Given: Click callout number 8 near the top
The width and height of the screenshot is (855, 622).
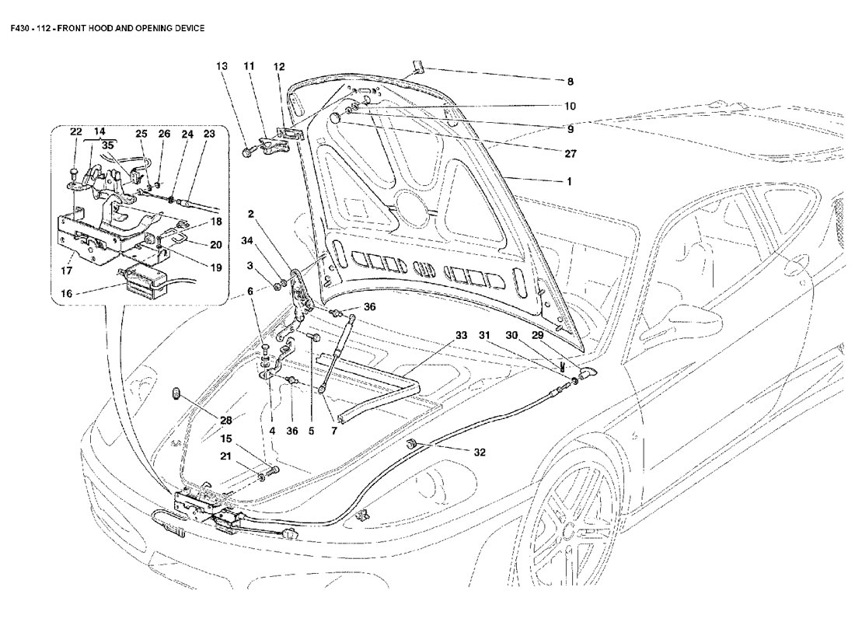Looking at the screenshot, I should point(570,82).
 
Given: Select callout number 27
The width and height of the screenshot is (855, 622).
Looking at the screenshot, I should point(570,145).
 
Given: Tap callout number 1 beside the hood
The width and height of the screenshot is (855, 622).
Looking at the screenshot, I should point(570,182).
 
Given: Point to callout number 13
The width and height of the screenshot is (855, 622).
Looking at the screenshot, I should point(222,68).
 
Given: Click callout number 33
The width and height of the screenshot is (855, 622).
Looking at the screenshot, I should point(461,336).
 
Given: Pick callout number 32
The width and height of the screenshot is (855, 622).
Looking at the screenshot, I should point(480,452).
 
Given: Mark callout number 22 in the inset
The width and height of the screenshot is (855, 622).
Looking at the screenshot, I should point(76,131).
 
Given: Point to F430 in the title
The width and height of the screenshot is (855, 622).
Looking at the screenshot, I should point(21,28).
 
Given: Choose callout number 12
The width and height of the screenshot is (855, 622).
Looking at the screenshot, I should point(279,68).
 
